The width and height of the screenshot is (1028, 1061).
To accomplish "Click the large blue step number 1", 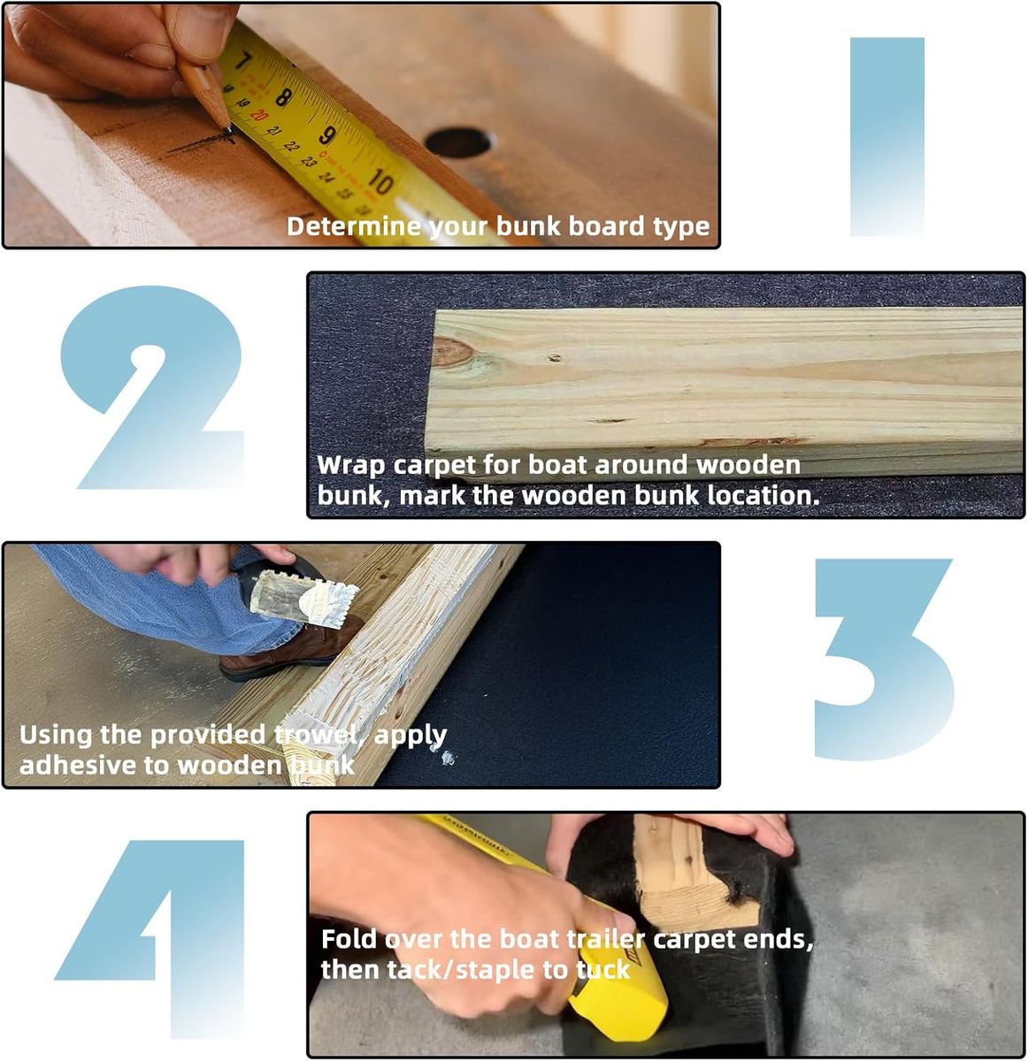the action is [886, 136].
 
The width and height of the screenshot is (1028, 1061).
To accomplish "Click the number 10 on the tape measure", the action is [380, 181].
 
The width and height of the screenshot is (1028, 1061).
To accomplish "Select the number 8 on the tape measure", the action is [284, 97].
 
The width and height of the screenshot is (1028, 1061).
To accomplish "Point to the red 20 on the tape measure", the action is [258, 115].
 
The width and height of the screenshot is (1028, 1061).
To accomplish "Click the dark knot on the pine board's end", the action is [452, 352].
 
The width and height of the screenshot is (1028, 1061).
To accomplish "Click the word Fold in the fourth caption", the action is [349, 939].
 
